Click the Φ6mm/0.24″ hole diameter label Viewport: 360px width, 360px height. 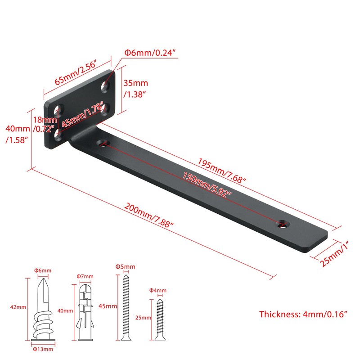(151, 53)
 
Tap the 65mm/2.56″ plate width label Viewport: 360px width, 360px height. (76, 72)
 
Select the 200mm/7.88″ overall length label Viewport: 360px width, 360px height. (148, 215)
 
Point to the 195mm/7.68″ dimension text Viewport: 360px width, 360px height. (222, 171)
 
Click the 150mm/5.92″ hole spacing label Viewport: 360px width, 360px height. (207, 184)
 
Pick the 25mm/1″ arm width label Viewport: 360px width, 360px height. (334, 254)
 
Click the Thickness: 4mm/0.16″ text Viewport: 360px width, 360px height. (303, 314)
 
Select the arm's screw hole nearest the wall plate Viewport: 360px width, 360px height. (103, 144)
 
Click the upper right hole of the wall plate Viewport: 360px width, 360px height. (105, 86)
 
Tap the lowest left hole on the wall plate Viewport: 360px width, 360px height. (58, 135)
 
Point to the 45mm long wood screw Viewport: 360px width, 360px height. (126, 308)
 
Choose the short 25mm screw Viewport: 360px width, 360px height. (160, 319)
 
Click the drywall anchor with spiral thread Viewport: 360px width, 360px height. (43, 310)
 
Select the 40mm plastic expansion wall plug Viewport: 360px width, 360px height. (85, 312)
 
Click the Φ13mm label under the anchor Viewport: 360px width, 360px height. (43, 349)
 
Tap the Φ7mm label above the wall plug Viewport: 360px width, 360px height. (85, 276)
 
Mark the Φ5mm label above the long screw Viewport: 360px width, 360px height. (125, 266)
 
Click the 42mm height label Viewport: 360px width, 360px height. (18, 307)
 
